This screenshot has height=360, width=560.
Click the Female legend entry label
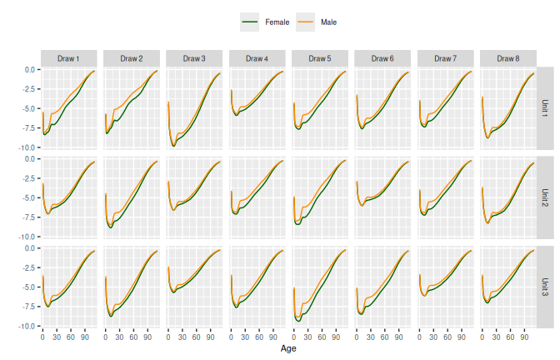coord(277,22)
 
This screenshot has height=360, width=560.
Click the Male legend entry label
coord(329,22)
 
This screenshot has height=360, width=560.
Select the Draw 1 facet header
coord(69,58)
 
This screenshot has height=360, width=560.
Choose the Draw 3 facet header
coord(194,58)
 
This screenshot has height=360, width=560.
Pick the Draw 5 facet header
coord(319,58)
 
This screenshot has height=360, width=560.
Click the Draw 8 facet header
coord(507,58)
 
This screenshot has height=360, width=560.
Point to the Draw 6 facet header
coord(382,58)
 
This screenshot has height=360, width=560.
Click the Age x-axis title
coord(288,348)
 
